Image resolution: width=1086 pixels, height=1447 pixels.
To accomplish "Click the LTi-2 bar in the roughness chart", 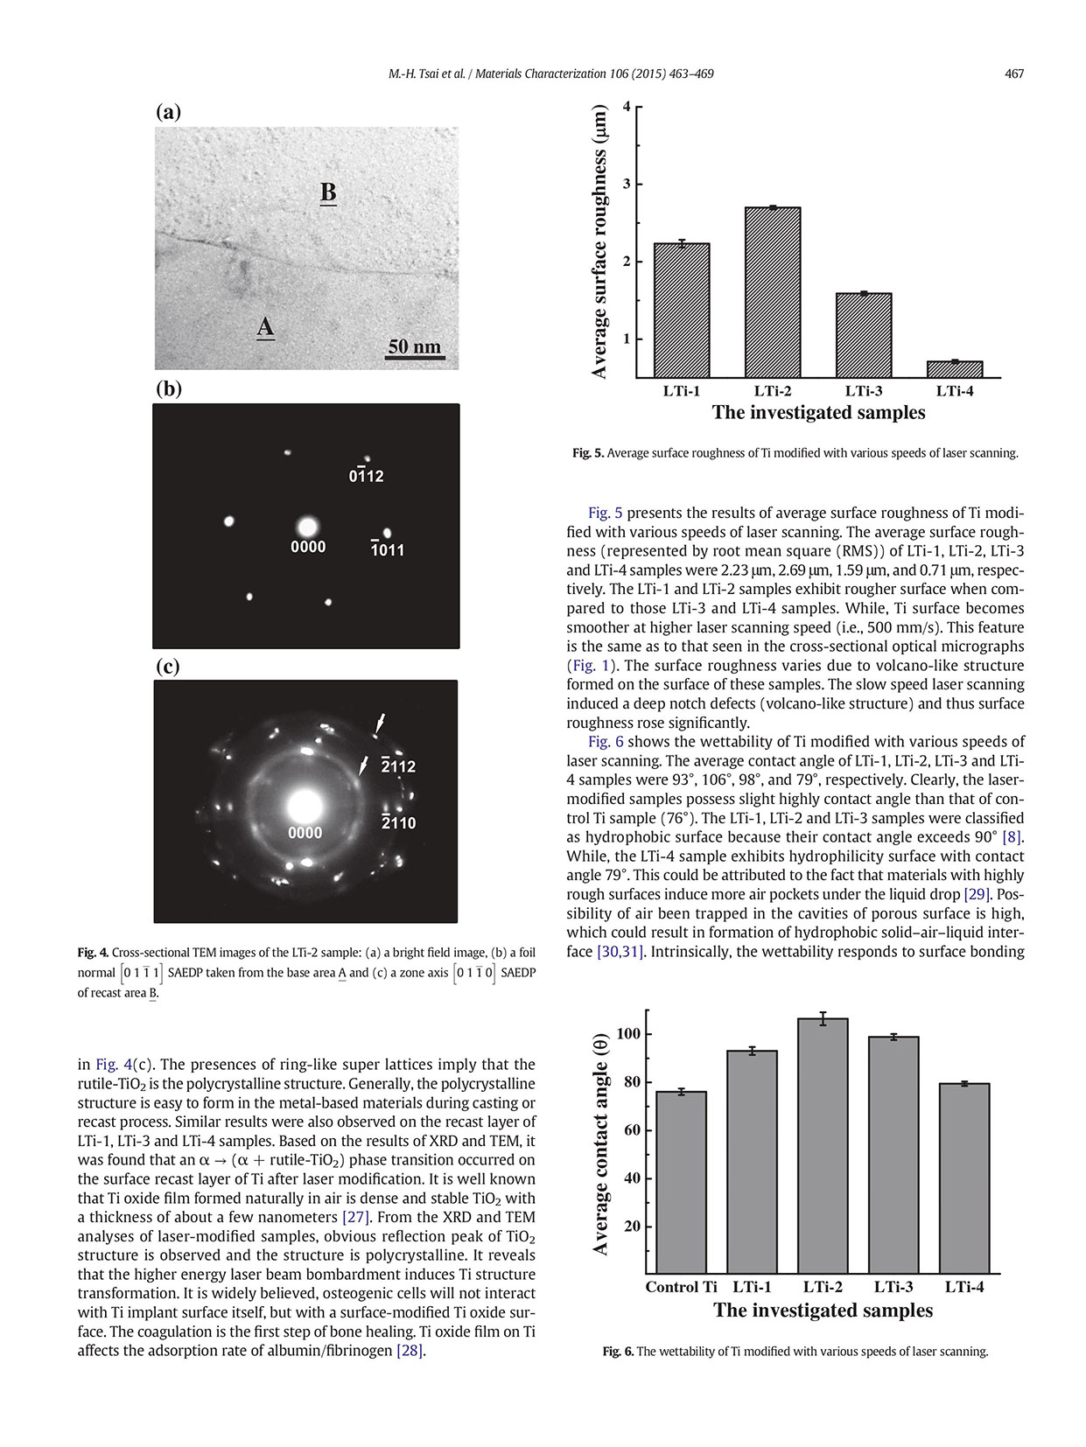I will [772, 292].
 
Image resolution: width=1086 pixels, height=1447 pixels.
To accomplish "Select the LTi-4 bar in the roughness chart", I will [954, 369].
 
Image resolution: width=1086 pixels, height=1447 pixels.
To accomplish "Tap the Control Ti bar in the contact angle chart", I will [681, 1182].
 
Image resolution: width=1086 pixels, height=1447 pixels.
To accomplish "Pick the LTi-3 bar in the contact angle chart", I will [893, 1155].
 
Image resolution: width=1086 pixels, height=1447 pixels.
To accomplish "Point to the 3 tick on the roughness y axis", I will [627, 185].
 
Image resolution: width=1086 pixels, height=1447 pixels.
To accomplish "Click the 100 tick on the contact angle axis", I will [628, 1034].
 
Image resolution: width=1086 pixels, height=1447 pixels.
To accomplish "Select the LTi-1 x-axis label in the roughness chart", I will [681, 391].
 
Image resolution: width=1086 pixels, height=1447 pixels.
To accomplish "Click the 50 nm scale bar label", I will [415, 346].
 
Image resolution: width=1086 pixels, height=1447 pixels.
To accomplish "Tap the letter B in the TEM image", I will [328, 192].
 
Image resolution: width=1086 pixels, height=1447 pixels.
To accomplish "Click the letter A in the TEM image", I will [265, 327].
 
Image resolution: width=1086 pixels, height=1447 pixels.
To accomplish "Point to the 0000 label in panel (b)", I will [308, 548].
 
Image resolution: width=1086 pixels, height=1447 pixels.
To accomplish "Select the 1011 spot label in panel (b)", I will [387, 550].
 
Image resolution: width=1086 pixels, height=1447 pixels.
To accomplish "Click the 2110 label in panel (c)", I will [398, 823].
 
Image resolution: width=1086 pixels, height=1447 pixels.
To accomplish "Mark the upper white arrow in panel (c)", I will [379, 723].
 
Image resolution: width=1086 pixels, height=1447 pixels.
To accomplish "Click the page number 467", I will [1013, 74].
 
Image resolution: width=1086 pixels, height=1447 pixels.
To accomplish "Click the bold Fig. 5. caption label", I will [587, 453].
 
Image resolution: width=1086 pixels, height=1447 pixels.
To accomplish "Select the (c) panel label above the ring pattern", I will [167, 666].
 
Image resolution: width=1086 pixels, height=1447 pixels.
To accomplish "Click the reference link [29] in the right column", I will [977, 894].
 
